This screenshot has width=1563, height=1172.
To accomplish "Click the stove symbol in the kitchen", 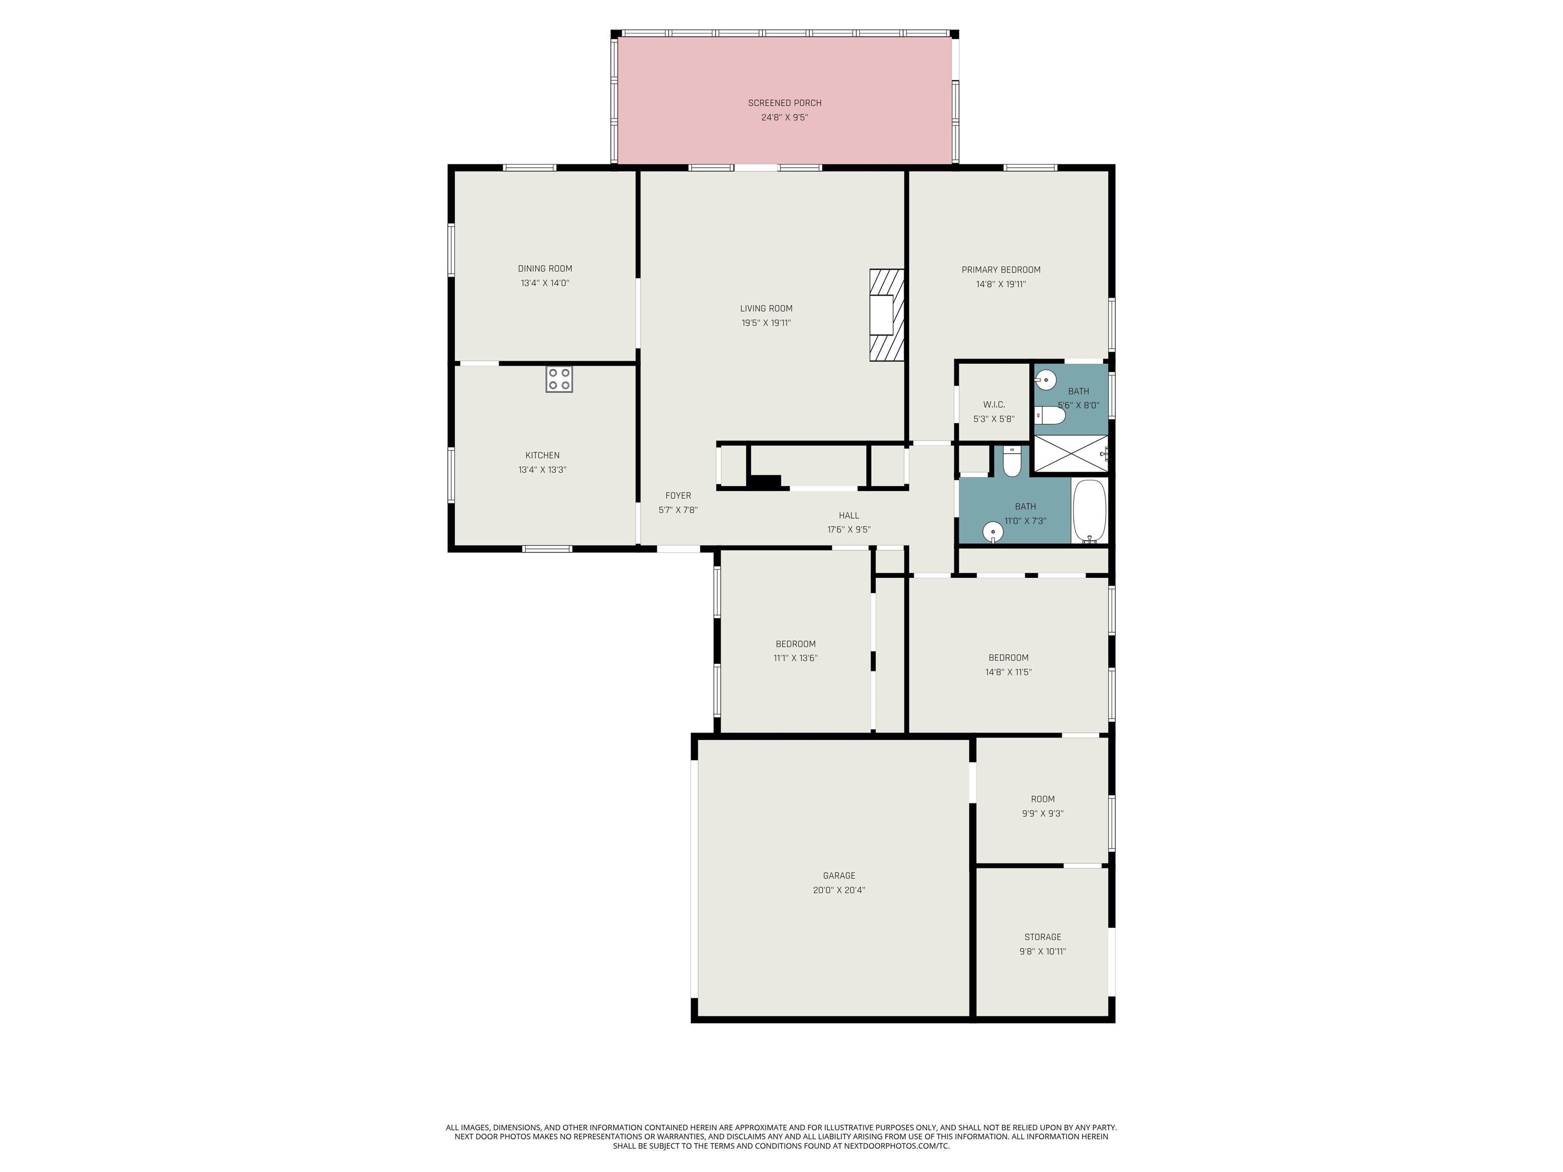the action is (x=559, y=379).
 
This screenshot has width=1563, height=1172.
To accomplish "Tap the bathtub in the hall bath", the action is (x=1089, y=511).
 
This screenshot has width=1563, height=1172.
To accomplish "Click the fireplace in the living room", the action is (x=887, y=315).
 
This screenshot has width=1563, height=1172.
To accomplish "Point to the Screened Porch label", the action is (x=785, y=103).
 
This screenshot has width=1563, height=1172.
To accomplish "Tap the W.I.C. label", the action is (x=994, y=405).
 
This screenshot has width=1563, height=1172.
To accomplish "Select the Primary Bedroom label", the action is (x=1001, y=270).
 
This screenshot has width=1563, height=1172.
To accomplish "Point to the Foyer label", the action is (x=678, y=496).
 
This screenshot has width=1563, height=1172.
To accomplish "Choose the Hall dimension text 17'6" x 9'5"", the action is (x=849, y=530).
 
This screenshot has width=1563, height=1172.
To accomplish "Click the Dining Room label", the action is (x=545, y=269).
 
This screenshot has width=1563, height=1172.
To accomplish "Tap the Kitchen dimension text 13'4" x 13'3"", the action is (x=543, y=470).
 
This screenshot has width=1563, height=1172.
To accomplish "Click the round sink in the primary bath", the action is (x=1046, y=380).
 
